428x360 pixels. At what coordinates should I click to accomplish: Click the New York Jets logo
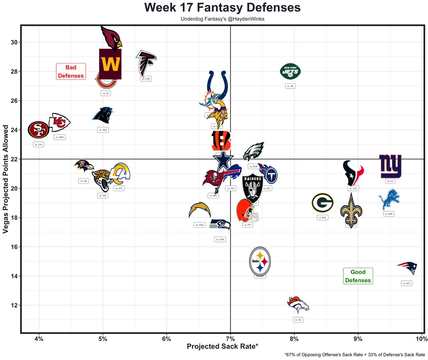pyautogui.click(x=290, y=71)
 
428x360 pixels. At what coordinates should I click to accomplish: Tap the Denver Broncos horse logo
pyautogui.click(x=298, y=304)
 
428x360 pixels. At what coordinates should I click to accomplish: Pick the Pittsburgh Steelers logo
pyautogui.click(x=260, y=261)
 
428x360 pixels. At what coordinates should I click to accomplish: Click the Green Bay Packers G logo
pyautogui.click(x=322, y=203)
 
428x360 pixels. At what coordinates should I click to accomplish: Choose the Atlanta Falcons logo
pyautogui.click(x=146, y=63)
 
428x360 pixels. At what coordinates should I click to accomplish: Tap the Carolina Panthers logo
pyautogui.click(x=103, y=115)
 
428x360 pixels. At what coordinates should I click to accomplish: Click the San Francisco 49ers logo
pyautogui.click(x=39, y=130)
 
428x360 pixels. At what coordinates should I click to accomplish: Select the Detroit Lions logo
pyautogui.click(x=389, y=200)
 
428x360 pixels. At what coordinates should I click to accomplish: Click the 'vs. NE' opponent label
pyautogui.click(x=290, y=86)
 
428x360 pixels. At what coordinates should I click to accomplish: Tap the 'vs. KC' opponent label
pyautogui.click(x=298, y=320)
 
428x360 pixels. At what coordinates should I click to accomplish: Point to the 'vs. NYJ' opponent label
pyautogui.click(x=407, y=283)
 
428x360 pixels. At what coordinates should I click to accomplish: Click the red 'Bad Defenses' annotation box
pyautogui.click(x=71, y=72)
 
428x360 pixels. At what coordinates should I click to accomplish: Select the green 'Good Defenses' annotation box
pyautogui.click(x=358, y=276)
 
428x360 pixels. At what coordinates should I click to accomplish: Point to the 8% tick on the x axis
pyautogui.click(x=294, y=339)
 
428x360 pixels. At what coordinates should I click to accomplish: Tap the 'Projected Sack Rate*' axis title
pyautogui.click(x=222, y=346)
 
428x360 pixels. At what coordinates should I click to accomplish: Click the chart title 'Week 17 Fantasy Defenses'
pyautogui.click(x=222, y=7)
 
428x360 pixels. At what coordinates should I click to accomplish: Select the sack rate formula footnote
pyautogui.click(x=355, y=355)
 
